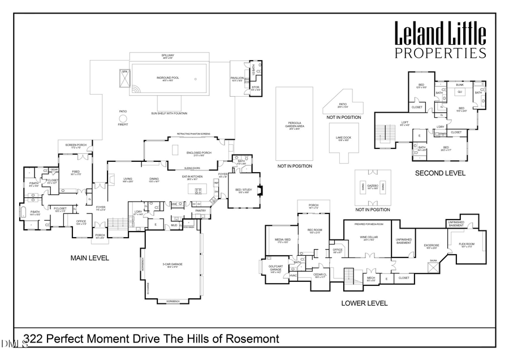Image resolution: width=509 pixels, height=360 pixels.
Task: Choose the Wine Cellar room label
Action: pos(368,238)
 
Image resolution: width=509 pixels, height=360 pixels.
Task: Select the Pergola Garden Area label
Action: pos(294,126)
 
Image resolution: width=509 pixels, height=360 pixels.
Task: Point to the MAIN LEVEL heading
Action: pos(89,258)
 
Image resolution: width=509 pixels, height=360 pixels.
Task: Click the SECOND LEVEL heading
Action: pos(440,173)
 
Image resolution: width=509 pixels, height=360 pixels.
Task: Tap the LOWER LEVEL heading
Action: pos(364,303)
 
